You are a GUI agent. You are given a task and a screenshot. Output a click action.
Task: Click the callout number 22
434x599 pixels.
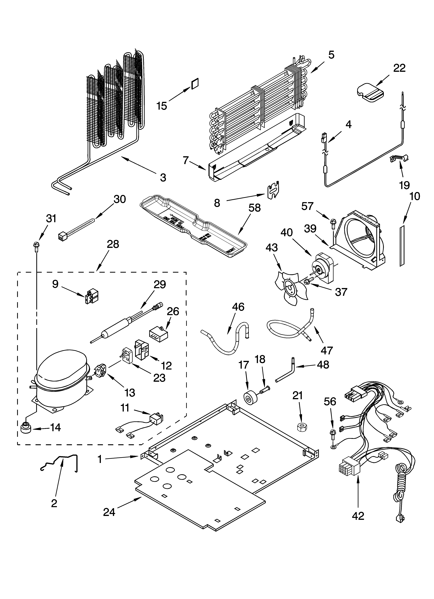pos(399,68)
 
